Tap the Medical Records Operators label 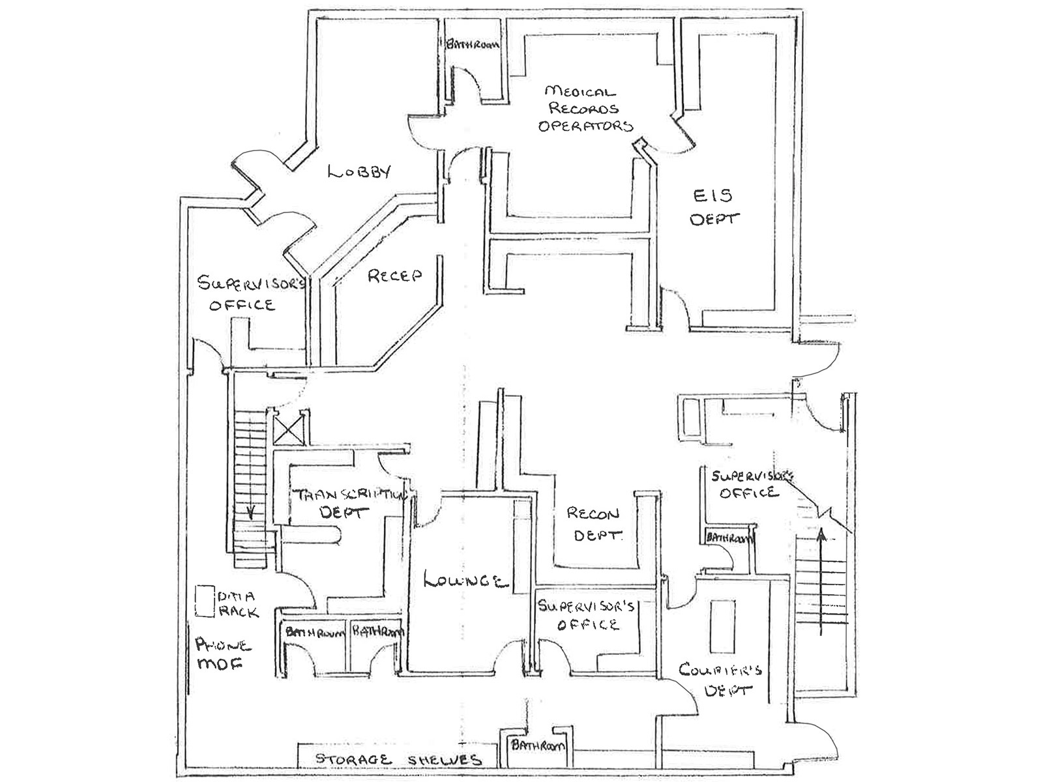tap(585, 109)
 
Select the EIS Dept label tap(714, 207)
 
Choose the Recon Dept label tap(593, 524)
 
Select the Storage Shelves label tap(398, 760)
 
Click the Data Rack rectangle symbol tap(205, 601)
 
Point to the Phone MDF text tap(222, 654)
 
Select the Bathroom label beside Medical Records tap(473, 45)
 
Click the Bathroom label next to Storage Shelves tap(538, 746)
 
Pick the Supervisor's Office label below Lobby tap(246, 293)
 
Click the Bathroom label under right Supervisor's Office tap(729, 538)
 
